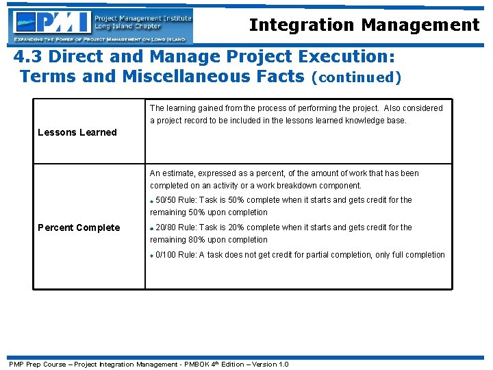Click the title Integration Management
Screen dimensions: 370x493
point(364,25)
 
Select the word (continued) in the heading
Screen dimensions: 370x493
point(355,77)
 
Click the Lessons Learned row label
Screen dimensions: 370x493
point(77,132)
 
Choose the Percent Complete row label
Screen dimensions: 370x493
point(79,227)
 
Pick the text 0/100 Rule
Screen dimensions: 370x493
point(176,255)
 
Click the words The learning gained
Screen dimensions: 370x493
point(182,108)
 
